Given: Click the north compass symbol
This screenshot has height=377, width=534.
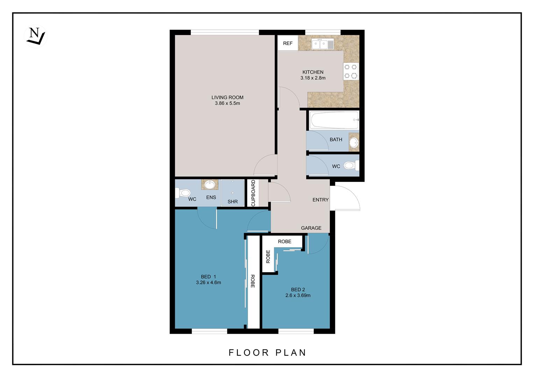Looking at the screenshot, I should pyautogui.click(x=35, y=36).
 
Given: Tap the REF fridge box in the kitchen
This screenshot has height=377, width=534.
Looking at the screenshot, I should pyautogui.click(x=288, y=43).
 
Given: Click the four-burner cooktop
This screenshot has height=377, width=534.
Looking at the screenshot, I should pyautogui.click(x=351, y=71).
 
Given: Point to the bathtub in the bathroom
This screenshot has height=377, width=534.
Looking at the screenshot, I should pyautogui.click(x=334, y=120).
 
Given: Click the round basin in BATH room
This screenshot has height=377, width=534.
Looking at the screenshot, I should pyautogui.click(x=354, y=142).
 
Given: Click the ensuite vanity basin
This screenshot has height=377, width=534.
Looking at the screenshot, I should pyautogui.click(x=210, y=184).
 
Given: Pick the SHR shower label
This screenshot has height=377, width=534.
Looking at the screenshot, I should pyautogui.click(x=233, y=202).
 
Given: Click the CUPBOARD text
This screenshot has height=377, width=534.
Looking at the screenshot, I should pyautogui.click(x=253, y=193).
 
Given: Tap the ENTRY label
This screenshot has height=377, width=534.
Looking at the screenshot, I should pyautogui.click(x=320, y=200).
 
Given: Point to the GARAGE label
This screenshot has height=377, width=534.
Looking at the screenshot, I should pyautogui.click(x=311, y=228).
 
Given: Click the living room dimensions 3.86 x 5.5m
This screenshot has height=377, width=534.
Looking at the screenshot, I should pyautogui.click(x=227, y=103).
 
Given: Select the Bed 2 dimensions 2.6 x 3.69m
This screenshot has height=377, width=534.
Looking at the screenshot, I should pyautogui.click(x=298, y=295).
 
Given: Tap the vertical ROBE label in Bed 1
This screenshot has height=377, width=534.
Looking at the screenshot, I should pyautogui.click(x=252, y=281).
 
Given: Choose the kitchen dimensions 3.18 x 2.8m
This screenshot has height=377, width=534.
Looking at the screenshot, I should pyautogui.click(x=313, y=78).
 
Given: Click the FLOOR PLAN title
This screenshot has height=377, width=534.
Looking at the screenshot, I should pyautogui.click(x=268, y=353).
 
